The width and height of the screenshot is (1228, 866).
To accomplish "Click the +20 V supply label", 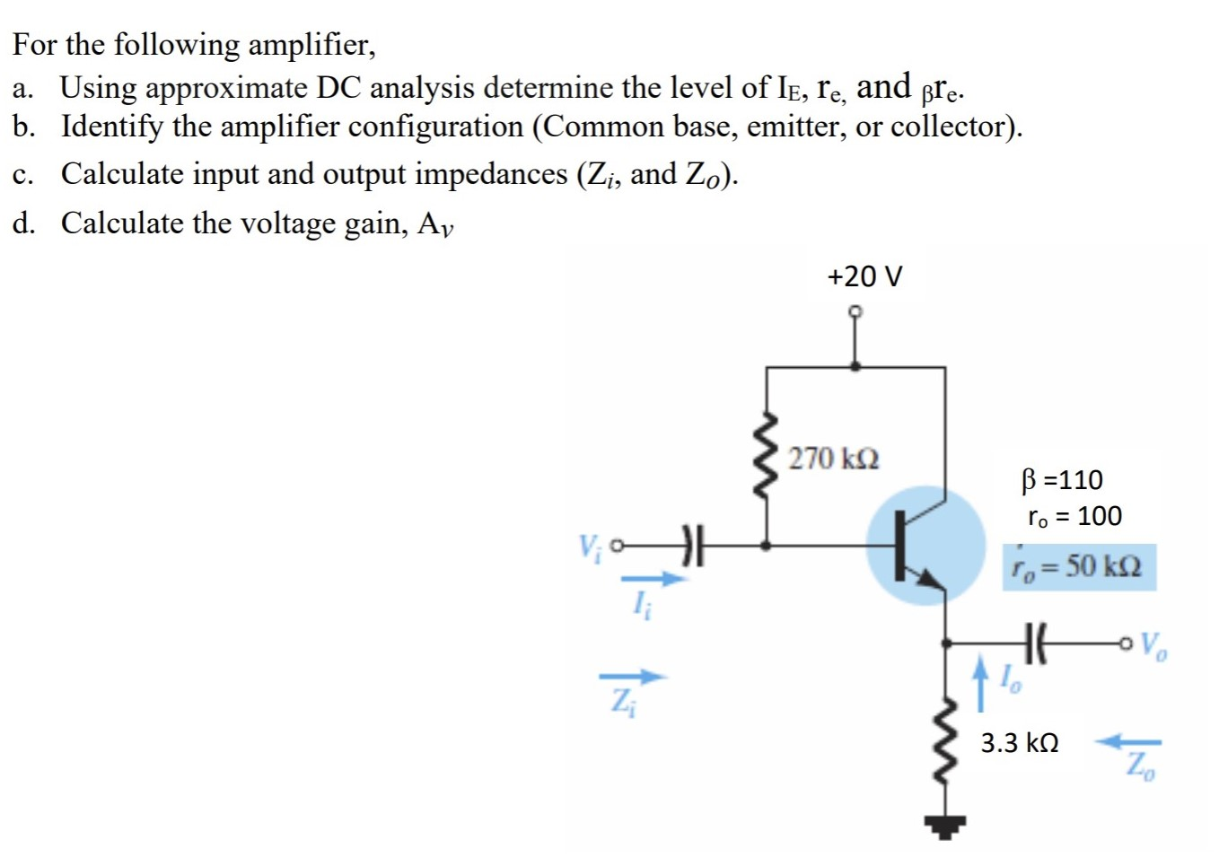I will tap(864, 276).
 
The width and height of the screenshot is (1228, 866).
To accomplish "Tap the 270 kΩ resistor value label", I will tap(834, 459).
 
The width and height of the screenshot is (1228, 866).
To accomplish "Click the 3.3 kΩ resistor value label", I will tap(1019, 743).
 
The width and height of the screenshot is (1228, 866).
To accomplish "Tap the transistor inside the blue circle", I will tap(925, 546).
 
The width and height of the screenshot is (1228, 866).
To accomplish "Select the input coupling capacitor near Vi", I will tap(691, 545).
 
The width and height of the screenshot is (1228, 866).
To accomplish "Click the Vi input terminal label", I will tap(589, 546).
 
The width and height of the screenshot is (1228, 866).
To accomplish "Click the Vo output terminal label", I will tap(1153, 645).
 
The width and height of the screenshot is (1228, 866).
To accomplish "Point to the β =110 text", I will tap(1062, 480).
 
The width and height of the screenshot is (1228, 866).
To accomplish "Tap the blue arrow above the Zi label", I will tap(633, 677).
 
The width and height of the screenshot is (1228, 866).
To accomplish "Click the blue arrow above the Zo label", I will tap(1130, 742).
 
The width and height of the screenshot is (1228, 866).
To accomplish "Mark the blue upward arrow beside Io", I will tap(982, 683).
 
